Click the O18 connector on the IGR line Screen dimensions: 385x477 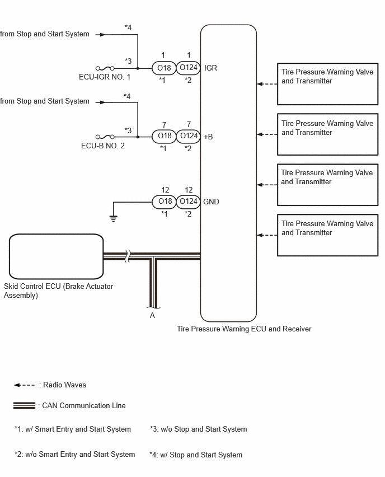164,68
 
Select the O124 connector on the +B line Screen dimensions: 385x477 189,136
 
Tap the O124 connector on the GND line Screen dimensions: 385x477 189,202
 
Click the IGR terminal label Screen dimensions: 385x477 210,68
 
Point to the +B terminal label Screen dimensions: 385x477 208,137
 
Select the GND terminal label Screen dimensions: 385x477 211,202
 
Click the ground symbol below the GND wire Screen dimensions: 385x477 114,218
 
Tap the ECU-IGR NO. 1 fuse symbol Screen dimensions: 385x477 105,68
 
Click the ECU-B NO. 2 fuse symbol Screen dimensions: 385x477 105,137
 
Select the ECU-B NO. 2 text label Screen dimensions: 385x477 103,146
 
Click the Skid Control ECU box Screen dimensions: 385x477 57,256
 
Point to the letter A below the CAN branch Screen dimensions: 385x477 152,315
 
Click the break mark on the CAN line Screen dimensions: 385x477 128,256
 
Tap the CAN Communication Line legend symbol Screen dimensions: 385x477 24,405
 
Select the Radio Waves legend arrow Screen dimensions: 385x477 24,385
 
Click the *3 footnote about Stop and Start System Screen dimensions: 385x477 198,429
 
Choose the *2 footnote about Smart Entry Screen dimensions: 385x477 75,455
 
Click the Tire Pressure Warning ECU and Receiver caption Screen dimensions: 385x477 244,329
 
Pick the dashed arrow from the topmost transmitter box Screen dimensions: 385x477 267,84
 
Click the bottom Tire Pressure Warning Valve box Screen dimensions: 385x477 327,235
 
